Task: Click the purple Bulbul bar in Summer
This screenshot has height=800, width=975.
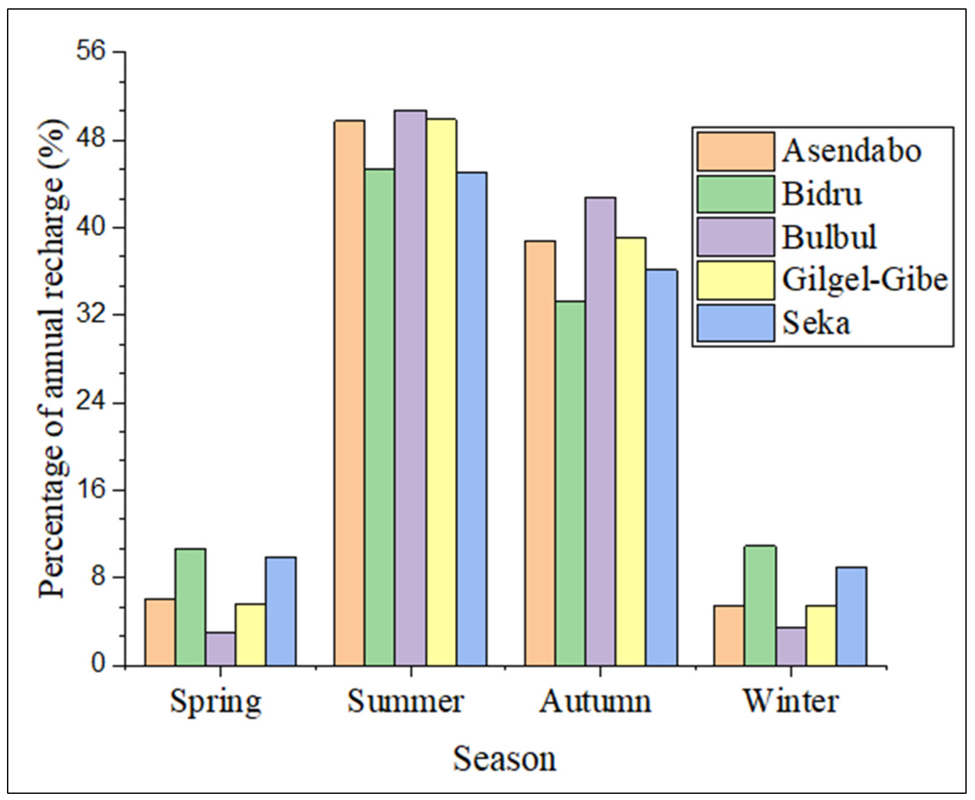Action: (410, 387)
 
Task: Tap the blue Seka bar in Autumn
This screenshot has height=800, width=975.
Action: (661, 467)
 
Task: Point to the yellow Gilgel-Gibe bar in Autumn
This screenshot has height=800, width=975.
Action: (631, 452)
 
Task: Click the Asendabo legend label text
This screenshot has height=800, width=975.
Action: (851, 151)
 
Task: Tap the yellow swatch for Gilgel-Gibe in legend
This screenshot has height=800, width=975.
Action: (735, 280)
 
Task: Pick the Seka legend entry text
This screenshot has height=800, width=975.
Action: (816, 323)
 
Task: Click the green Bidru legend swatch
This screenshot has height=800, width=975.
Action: (735, 194)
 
